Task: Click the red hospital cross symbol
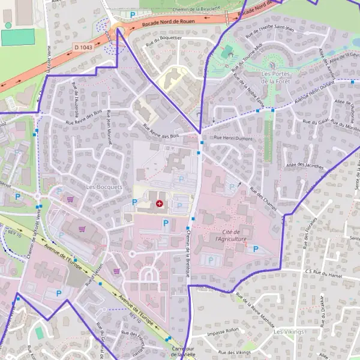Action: pos(159,204)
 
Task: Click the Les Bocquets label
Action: pos(104,187)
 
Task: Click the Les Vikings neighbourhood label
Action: pos(289,331)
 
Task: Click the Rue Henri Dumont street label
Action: pos(233,139)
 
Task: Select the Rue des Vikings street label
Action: pos(235,353)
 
